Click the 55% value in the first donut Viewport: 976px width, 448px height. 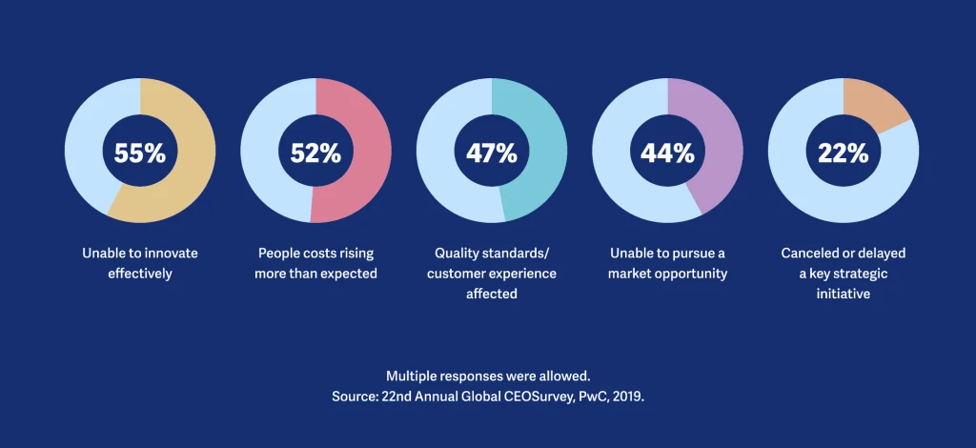click(x=140, y=153)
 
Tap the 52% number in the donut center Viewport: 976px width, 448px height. click(x=315, y=153)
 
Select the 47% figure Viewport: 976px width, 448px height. click(x=492, y=153)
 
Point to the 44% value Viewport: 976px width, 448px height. click(x=667, y=153)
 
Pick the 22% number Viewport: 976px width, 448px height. click(x=844, y=153)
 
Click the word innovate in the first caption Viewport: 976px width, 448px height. click(x=169, y=254)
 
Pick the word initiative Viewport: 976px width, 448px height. click(x=844, y=295)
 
